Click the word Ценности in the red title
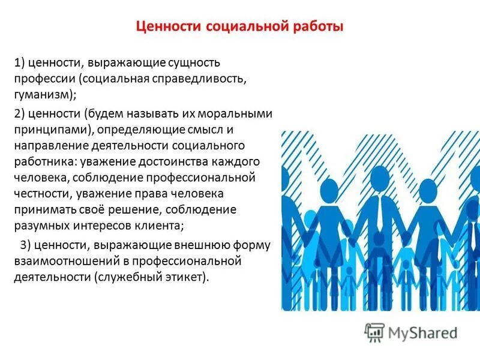(169, 27)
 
